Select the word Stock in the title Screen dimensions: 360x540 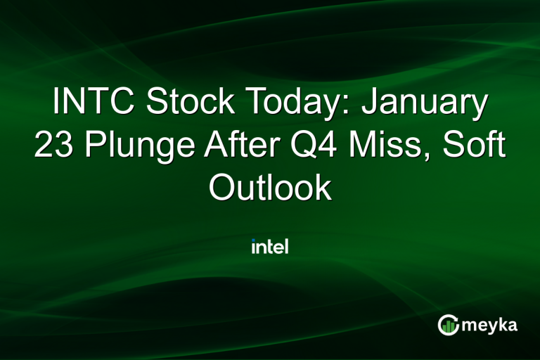[188, 103]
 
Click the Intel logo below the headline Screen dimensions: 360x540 [270, 246]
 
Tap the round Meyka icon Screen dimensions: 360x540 [448, 324]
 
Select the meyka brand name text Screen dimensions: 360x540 [493, 326]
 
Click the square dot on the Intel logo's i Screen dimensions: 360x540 [254, 241]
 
